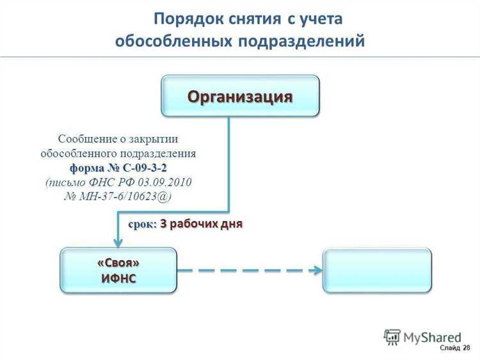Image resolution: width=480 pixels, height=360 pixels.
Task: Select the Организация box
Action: pyautogui.click(x=239, y=96)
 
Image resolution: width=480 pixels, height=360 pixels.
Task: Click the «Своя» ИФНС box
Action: pyautogui.click(x=118, y=271)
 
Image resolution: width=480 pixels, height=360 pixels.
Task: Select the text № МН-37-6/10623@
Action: pyautogui.click(x=118, y=197)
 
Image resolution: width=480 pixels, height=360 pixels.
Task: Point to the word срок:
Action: pyautogui.click(x=142, y=224)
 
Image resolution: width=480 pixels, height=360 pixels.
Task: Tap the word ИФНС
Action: pyautogui.click(x=118, y=278)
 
